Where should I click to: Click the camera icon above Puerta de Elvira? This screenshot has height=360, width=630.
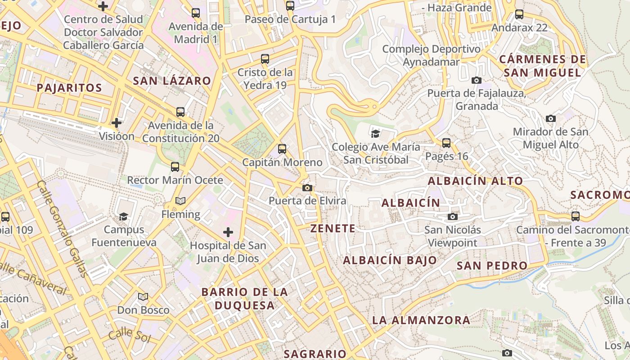pos(307,188)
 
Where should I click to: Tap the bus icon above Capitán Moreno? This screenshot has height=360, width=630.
pos(282,149)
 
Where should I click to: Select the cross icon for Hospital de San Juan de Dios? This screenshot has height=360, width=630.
pos(228,232)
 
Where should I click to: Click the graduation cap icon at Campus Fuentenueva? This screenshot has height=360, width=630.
pos(123,216)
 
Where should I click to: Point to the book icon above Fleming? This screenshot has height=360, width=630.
pos(180,201)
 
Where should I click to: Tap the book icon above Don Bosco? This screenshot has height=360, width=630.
pos(143,297)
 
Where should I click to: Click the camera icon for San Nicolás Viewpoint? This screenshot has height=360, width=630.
pos(453,217)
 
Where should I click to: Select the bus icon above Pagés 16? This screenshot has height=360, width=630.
pos(446,143)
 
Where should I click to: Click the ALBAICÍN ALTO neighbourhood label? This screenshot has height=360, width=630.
pos(475,181)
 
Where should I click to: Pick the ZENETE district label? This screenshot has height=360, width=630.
pos(333,229)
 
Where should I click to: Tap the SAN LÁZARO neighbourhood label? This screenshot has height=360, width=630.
pos(172,81)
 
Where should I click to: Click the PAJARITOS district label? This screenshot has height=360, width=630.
pos(69,88)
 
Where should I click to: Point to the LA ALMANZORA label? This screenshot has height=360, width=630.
pos(421,320)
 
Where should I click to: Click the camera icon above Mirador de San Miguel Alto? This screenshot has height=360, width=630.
pos(550,119)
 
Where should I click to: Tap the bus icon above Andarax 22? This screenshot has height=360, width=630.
pos(519,14)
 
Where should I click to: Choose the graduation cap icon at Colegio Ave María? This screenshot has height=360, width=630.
pos(375,134)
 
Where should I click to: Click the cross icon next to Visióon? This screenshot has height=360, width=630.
pos(117,122)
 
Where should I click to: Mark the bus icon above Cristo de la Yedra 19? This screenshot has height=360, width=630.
pos(265,59)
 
